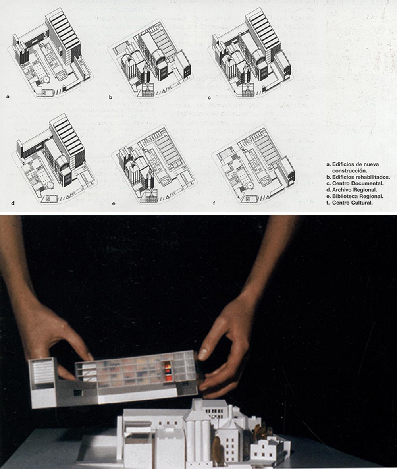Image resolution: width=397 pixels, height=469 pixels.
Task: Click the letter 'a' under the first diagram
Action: tap(8, 97)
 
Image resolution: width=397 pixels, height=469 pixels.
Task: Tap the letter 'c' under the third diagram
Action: tap(209, 97)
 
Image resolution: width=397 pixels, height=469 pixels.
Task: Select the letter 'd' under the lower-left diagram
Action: tap(13, 203)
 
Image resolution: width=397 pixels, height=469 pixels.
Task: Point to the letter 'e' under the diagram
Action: tap(114, 204)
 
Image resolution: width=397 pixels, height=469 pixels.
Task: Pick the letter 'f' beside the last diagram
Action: tap(214, 203)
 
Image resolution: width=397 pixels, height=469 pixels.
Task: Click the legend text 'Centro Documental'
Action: tap(358, 183)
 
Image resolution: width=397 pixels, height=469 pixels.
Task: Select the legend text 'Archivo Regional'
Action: tap(355, 190)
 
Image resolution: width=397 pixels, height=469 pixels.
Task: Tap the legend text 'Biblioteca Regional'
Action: tap(358, 197)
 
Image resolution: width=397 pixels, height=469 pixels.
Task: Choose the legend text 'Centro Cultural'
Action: tap(353, 203)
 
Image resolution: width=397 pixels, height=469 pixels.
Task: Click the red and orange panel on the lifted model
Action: tap(168, 372)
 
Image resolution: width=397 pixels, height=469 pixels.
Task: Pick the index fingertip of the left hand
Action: tap(89, 357)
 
